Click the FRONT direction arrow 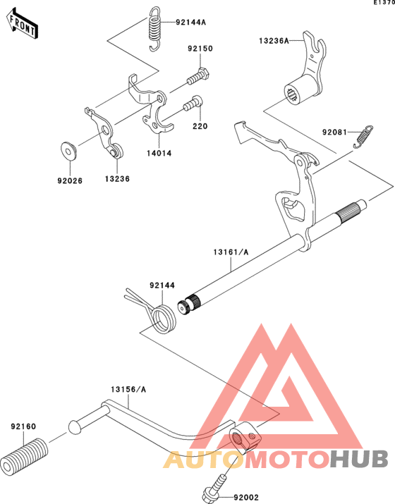[22, 24]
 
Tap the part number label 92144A [190, 22]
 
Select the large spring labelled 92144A [154, 29]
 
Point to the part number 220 [200, 126]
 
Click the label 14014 [159, 154]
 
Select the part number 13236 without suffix [117, 179]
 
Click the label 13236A [274, 41]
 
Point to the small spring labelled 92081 [363, 136]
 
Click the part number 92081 [334, 132]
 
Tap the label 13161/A [231, 252]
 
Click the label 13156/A [128, 389]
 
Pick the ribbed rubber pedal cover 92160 [24, 455]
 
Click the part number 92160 [23, 426]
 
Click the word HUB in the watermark [359, 459]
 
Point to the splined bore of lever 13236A [293, 94]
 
